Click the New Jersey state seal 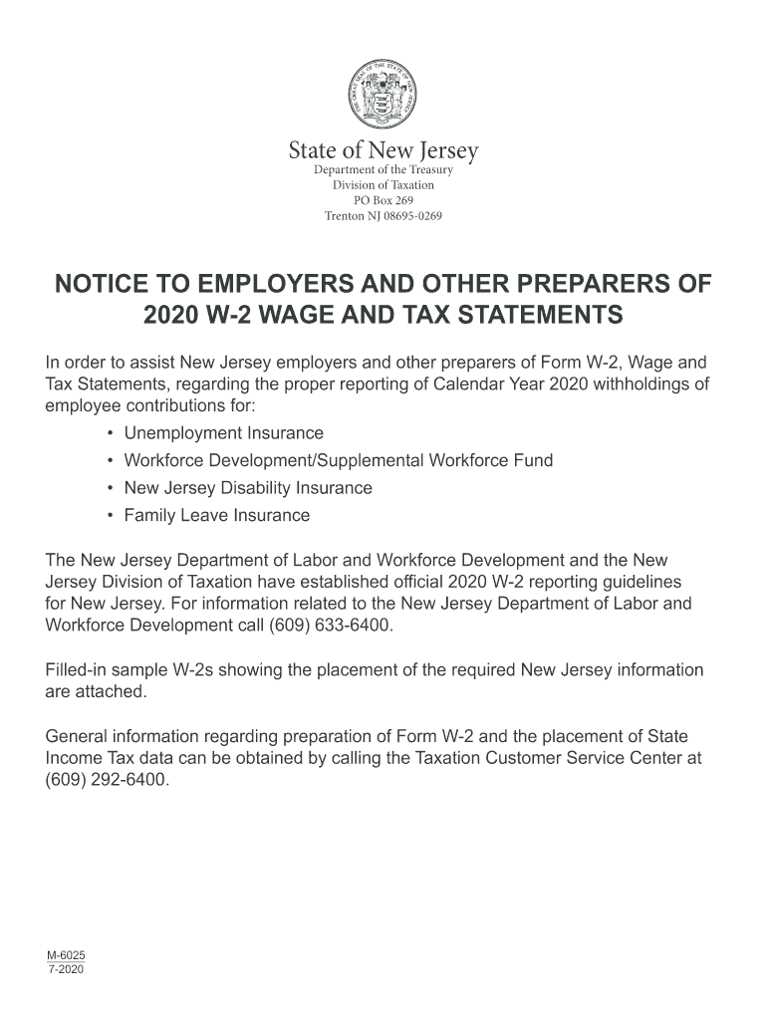point(383,95)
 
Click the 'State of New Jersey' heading point(383,151)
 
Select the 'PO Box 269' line point(383,200)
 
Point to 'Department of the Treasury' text point(383,170)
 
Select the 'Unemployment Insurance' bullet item point(223,433)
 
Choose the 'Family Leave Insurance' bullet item point(216,516)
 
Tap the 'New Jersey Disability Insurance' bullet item point(247,488)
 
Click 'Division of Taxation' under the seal point(383,185)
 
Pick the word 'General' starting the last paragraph point(81,736)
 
